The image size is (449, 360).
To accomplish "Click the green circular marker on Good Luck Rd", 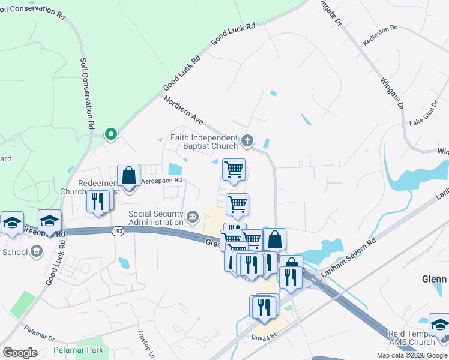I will click(x=110, y=134).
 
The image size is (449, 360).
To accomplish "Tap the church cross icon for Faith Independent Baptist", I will click(x=247, y=142).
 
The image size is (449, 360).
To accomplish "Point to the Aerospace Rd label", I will click(x=161, y=180).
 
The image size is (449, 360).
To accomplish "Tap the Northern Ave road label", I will click(x=184, y=112).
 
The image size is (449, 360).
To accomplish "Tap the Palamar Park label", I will click(x=78, y=350).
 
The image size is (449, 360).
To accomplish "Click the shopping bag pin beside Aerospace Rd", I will click(x=128, y=176).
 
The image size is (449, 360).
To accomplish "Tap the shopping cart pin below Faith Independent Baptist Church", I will click(x=234, y=169).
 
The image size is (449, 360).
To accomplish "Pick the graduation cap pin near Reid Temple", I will click(x=439, y=325).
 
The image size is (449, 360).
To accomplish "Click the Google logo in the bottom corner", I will click(x=19, y=353).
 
